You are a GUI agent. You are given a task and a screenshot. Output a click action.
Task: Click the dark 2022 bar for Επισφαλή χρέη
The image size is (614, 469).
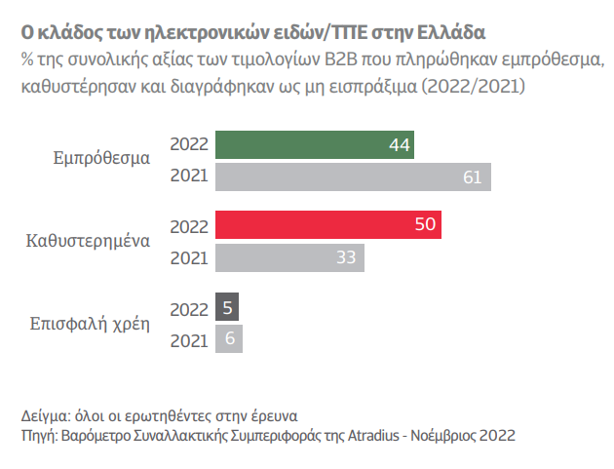[x=226, y=307]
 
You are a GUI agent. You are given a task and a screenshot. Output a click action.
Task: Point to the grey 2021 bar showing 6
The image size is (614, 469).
[x=228, y=339]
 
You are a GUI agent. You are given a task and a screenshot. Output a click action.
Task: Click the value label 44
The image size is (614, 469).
[x=399, y=145]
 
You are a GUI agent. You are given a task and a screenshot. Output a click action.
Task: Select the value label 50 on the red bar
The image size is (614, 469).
[x=425, y=225]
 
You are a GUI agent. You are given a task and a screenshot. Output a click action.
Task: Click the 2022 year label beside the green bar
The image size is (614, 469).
[x=189, y=144]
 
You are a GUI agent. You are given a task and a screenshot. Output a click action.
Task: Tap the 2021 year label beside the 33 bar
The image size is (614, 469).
[x=189, y=258]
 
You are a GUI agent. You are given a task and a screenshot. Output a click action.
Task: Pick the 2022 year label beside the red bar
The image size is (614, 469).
[x=189, y=225]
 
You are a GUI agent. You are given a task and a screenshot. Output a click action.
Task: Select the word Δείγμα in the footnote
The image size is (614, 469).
[x=44, y=413]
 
